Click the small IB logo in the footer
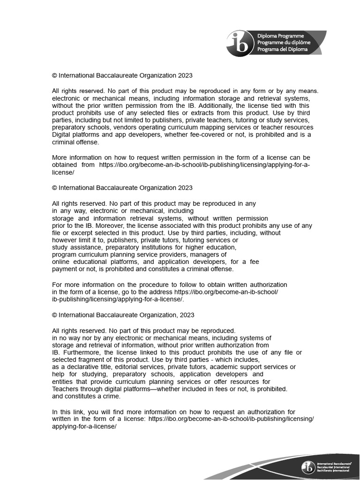[308, 467]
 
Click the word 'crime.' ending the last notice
[111, 396]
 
